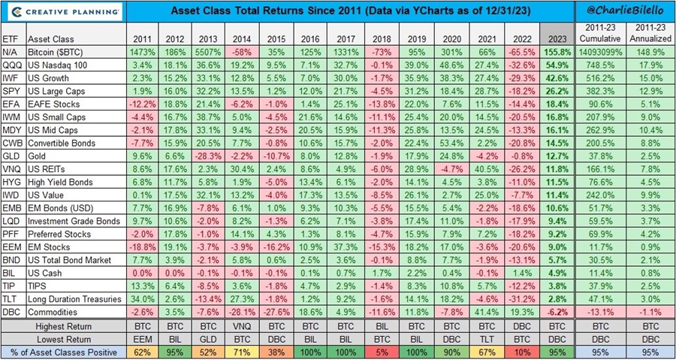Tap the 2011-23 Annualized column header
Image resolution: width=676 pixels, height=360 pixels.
tap(648, 33)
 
